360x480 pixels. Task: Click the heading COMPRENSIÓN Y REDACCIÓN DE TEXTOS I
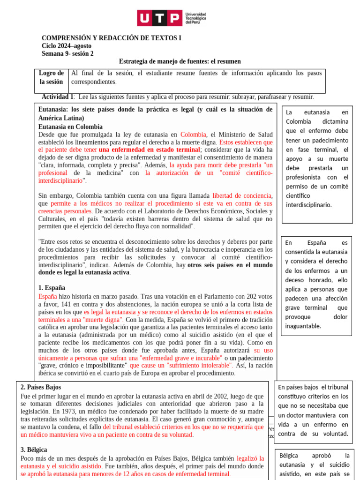click(x=111, y=38)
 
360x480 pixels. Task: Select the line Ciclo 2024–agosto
click(x=67, y=46)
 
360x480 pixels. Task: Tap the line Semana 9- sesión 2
click(x=67, y=53)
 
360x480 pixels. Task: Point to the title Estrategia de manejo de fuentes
click(x=180, y=61)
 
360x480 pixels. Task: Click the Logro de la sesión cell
click(x=51, y=77)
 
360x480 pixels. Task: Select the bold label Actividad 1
click(x=58, y=97)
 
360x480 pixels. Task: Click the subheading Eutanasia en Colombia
click(x=70, y=127)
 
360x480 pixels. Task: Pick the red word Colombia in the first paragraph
click(x=193, y=135)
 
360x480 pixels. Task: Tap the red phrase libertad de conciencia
click(x=241, y=195)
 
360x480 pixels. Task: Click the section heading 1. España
click(x=52, y=288)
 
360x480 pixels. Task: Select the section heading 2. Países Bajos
click(x=41, y=387)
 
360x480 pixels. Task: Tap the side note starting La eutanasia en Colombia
click(x=317, y=158)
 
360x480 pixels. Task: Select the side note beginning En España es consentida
click(x=316, y=284)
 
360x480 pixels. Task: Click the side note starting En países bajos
click(x=313, y=410)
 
